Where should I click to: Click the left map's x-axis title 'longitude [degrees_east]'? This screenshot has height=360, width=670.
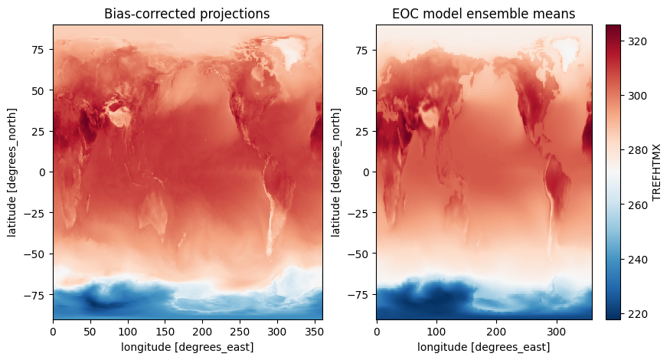click(188, 347)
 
